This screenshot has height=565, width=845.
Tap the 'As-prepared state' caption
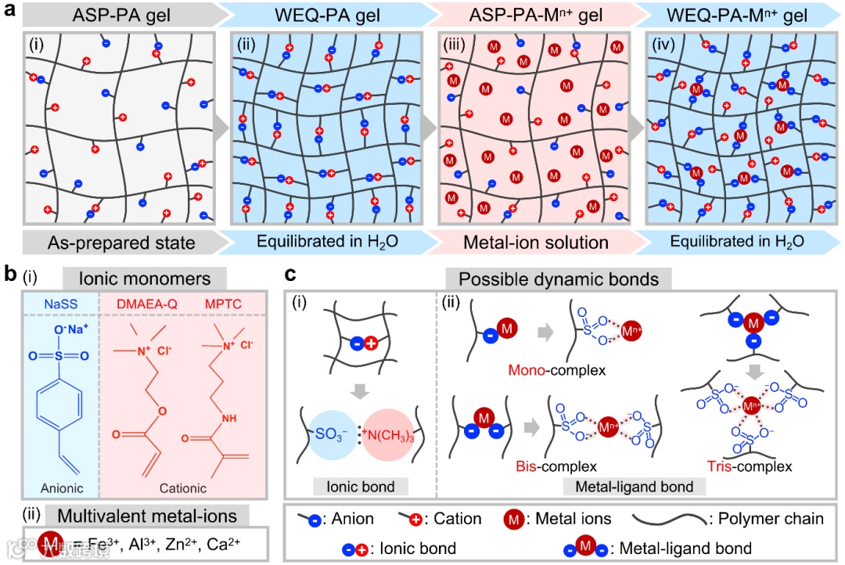(120, 243)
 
